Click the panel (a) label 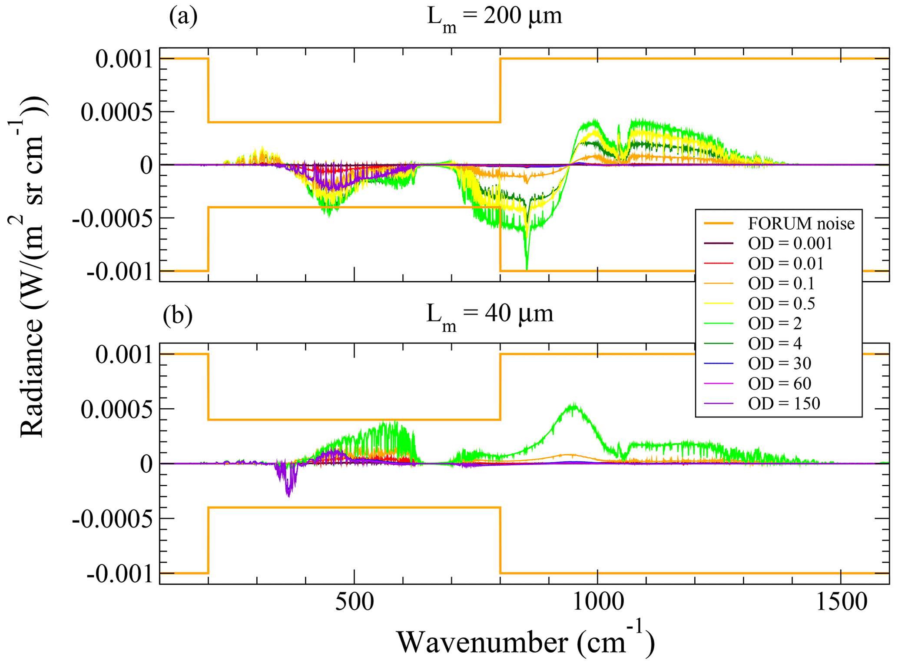(183, 17)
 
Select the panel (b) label (178, 314)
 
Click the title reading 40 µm (490, 314)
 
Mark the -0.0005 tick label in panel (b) (112, 519)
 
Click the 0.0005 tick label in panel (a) (117, 112)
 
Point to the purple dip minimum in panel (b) (288, 496)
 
